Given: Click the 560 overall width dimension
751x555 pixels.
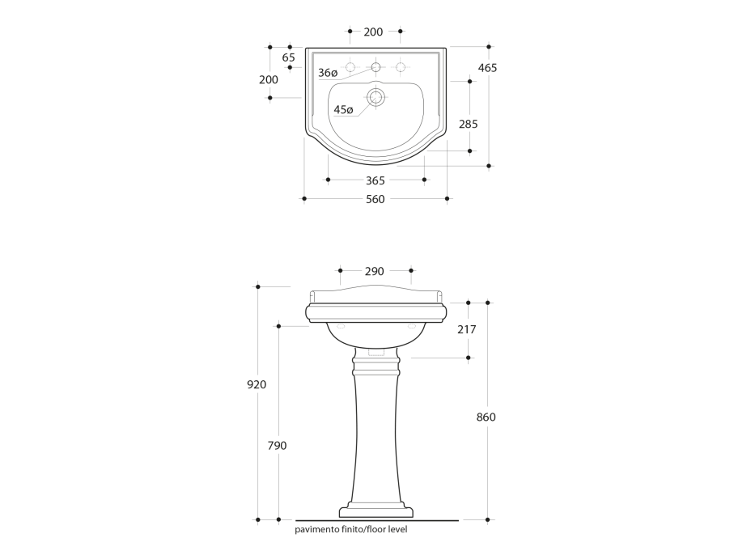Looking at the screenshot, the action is pos(375,199).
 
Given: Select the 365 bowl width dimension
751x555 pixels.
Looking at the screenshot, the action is pos(375,180).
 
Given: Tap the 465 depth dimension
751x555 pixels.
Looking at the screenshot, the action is pos(487,68).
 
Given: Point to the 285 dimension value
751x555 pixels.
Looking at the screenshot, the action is pos(468,124).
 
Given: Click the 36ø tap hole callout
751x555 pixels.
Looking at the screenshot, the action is pos(328,73).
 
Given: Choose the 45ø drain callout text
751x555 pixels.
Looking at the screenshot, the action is pos(343,110).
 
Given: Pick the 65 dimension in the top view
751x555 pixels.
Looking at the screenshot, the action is pos(288,57).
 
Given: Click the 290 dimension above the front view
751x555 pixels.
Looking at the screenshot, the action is pos(374,272).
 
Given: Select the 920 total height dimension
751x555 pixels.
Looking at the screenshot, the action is pos(257,384).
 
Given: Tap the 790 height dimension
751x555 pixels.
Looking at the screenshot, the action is pos(277,446).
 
